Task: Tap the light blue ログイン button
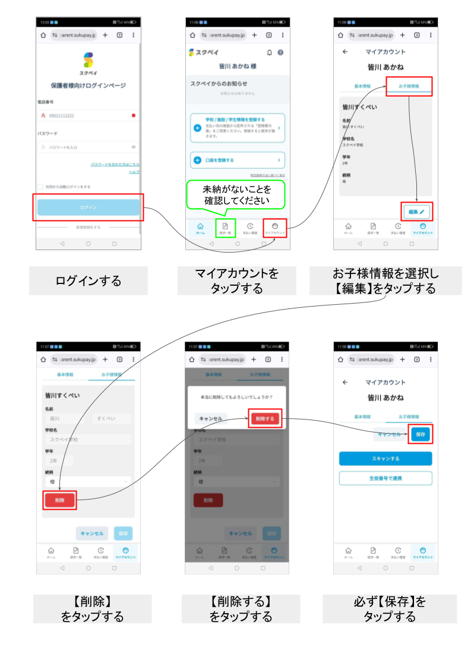(x=88, y=207)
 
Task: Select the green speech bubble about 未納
(x=236, y=195)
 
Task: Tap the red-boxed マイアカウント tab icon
(x=274, y=228)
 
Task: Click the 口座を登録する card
(x=238, y=160)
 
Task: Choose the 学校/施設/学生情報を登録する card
(x=238, y=128)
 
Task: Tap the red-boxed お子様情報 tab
(x=409, y=86)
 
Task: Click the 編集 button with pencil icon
(x=416, y=212)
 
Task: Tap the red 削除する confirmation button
(x=264, y=419)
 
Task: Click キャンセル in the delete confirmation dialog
(x=210, y=419)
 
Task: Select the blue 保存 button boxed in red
(x=421, y=434)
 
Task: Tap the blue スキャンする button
(x=385, y=459)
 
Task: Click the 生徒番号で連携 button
(x=385, y=478)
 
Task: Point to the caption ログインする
(x=88, y=280)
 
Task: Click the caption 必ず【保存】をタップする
(x=390, y=608)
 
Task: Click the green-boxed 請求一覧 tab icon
(x=225, y=228)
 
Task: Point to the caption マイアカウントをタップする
(x=236, y=280)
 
